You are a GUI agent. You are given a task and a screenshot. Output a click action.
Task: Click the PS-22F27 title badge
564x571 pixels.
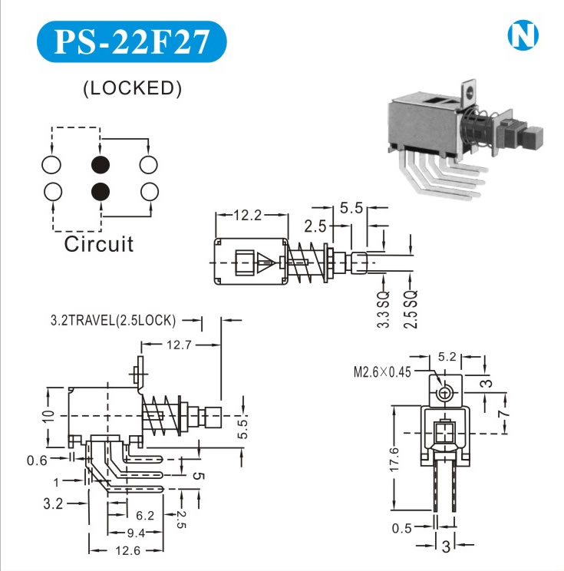[132, 42]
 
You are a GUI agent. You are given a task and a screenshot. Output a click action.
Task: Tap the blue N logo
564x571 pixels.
[523, 35]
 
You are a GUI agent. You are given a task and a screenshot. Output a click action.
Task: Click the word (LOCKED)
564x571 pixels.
[132, 88]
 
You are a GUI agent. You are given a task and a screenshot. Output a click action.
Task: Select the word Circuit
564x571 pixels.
[98, 244]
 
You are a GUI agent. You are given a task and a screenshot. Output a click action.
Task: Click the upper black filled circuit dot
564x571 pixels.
[100, 165]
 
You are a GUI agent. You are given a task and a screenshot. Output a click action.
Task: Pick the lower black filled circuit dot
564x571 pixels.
[100, 191]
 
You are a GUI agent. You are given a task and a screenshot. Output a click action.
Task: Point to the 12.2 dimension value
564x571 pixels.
[246, 216]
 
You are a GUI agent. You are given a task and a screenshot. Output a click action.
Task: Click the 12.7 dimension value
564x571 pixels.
[177, 345]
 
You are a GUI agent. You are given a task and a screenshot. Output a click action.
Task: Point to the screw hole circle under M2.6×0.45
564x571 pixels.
[444, 394]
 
